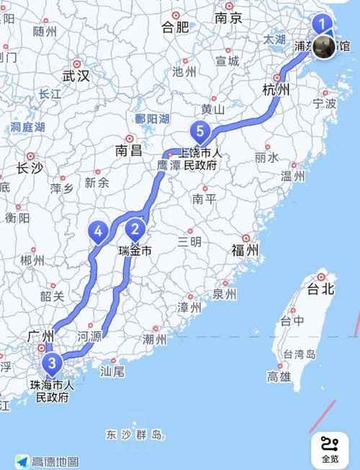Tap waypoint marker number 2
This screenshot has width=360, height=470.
[134, 230]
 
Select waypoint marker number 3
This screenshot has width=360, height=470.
[50, 362]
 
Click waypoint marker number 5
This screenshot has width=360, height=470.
[199, 132]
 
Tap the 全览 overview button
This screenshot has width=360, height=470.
[330, 450]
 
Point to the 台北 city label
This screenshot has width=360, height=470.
[321, 289]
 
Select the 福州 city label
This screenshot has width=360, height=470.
[245, 250]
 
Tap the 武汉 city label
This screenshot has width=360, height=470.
[76, 75]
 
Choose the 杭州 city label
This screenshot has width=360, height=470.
[275, 89]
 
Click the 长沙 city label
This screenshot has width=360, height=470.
[30, 168]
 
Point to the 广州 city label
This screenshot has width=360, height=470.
[40, 335]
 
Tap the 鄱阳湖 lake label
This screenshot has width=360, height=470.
[151, 119]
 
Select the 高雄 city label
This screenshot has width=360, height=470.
[279, 376]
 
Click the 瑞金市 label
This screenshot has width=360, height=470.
[135, 251]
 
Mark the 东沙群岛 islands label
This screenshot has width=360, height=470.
[134, 435]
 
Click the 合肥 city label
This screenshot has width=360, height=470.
[175, 27]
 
